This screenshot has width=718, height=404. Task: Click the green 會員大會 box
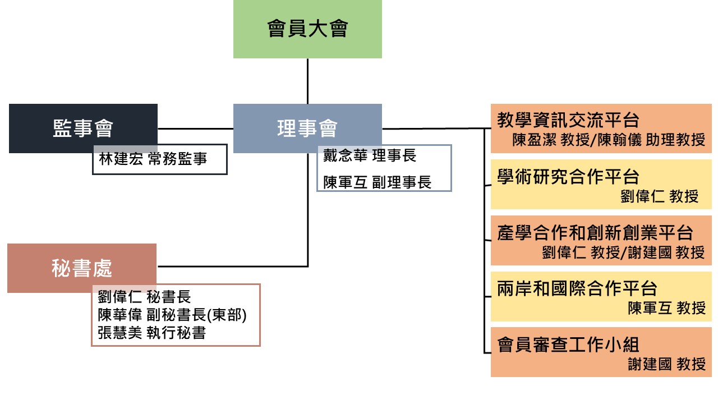pyautogui.click(x=307, y=29)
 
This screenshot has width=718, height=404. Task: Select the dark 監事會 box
pyautogui.click(x=83, y=128)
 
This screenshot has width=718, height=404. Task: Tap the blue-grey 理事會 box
pyautogui.click(x=307, y=128)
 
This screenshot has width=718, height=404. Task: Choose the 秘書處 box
pyautogui.click(x=82, y=268)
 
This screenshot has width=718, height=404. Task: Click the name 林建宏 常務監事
pyautogui.click(x=153, y=159)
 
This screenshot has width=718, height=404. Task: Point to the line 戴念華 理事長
pyautogui.click(x=370, y=156)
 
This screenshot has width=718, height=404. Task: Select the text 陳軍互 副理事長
pyautogui.click(x=377, y=182)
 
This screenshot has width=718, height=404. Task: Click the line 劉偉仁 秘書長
pyautogui.click(x=145, y=297)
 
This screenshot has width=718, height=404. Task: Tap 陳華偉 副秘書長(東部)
pyautogui.click(x=172, y=315)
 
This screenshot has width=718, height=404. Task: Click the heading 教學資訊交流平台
pyautogui.click(x=568, y=120)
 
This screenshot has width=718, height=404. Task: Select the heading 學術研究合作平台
pyautogui.click(x=568, y=177)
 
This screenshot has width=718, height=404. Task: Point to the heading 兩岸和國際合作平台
pyautogui.click(x=577, y=288)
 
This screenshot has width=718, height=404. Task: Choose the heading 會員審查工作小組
pyautogui.click(x=568, y=344)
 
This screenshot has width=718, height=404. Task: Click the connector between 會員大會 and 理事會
pyautogui.click(x=307, y=81)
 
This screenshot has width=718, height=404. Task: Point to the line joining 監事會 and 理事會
pyautogui.click(x=195, y=128)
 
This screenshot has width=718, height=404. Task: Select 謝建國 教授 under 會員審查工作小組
pyautogui.click(x=666, y=364)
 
